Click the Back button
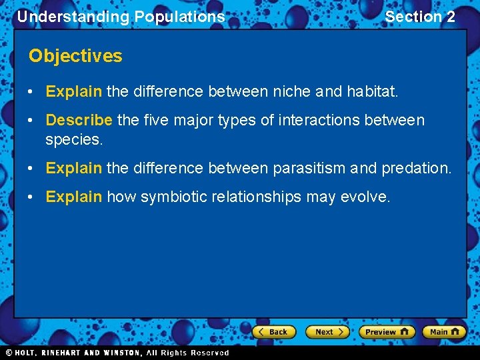tap(273, 331)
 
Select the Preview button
tap(386, 331)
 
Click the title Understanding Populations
tap(121, 17)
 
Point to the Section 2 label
tap(420, 17)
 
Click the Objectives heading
tap(75, 56)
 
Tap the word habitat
tap(372, 91)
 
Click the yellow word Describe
tap(79, 120)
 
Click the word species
tap(73, 140)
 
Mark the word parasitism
tap(313, 168)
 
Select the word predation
tap(416, 168)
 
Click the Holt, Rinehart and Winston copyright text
tap(117, 353)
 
